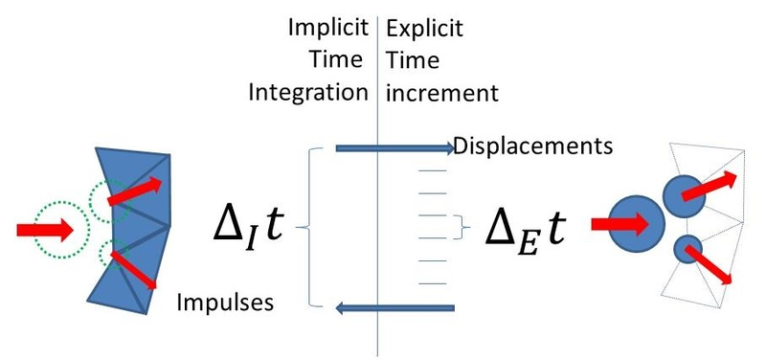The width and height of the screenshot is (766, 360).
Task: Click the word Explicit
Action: pyautogui.click(x=424, y=29)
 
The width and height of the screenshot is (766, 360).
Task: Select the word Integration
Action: pyautogui.click(x=308, y=93)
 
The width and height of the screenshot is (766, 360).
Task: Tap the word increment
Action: pyautogui.click(x=441, y=93)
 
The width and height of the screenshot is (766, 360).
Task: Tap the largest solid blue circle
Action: pyautogui.click(x=635, y=223)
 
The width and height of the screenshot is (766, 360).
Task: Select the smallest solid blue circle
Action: pyautogui.click(x=687, y=250)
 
